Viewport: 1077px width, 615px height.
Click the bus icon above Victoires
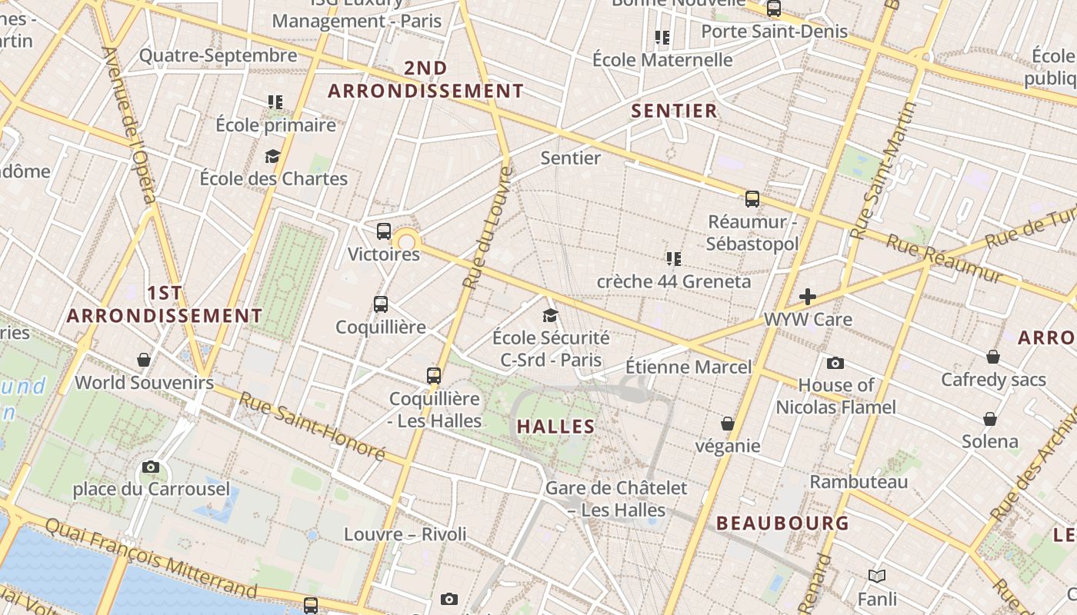pos(384,231)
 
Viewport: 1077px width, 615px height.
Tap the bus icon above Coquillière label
pos(381,304)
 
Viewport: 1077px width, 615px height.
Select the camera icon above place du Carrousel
pos(151,467)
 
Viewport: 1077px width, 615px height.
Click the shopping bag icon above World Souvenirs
pos(144,360)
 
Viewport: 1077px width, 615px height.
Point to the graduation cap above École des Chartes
pos(272,157)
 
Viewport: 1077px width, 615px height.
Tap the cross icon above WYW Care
pos(807,297)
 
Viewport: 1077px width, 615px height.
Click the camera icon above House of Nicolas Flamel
pos(835,363)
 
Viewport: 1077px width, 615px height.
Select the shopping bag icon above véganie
pos(727,424)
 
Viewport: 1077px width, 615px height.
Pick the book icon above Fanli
pos(877,576)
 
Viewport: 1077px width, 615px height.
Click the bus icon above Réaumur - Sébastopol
pos(752,199)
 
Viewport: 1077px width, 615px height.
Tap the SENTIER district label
pos(674,111)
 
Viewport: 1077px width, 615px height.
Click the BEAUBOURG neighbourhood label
pos(782,524)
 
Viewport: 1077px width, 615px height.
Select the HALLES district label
pos(555,427)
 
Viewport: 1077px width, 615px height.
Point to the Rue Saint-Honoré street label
pos(312,427)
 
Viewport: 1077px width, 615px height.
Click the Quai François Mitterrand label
pos(151,557)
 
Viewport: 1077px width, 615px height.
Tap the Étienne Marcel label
pos(688,367)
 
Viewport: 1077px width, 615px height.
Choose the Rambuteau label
pos(859,482)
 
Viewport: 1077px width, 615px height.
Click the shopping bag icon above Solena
pos(990,419)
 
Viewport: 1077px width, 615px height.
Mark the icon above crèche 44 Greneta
pos(674,259)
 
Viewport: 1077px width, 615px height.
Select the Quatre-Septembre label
pos(218,55)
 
